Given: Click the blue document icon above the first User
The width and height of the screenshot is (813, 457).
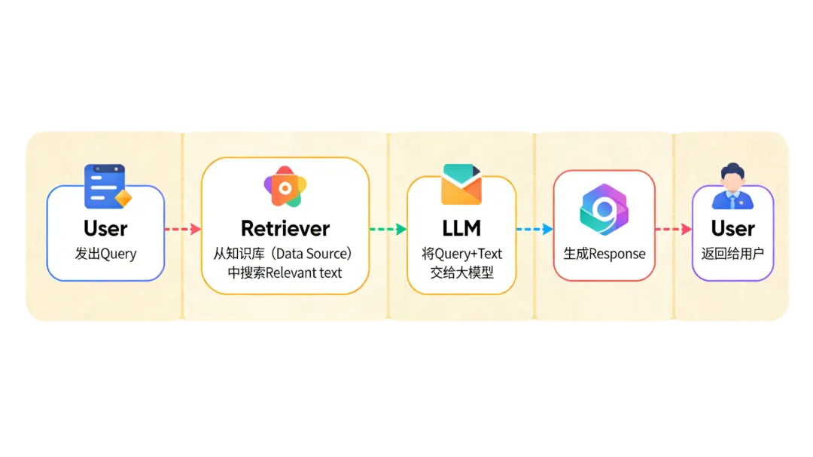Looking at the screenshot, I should coord(106,187).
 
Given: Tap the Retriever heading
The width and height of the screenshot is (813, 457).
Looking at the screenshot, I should coord(285,228).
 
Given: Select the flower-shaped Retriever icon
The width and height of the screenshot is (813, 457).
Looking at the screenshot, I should coord(285,187).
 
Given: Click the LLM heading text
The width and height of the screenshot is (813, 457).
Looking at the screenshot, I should coord(461,228).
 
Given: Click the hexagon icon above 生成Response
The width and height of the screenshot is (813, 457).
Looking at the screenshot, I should coord(604,209).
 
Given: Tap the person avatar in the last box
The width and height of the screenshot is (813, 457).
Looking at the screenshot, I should coord(732,187).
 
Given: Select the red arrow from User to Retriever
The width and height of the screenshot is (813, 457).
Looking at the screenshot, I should coord(182,229).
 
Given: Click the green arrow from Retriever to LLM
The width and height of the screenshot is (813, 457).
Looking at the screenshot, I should coord(388,229).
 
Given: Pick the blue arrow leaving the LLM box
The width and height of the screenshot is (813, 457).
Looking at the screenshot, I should coord(534,229).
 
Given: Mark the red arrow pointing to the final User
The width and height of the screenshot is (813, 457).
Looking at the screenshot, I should coord(673,229).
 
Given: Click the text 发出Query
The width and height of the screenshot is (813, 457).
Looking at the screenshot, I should coord(105,254).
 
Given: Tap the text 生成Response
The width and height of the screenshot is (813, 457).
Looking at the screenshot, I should coord(604,254).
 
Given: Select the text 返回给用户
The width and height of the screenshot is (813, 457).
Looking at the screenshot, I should coord(732,254).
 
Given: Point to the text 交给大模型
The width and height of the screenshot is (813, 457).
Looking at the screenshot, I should coord(461,273).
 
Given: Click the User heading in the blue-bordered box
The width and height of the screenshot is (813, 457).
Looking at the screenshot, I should coord(105,228).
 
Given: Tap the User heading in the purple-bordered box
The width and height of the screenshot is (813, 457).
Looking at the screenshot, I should coord(732,228).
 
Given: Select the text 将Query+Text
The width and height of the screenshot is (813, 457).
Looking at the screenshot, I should coord(461,254).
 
